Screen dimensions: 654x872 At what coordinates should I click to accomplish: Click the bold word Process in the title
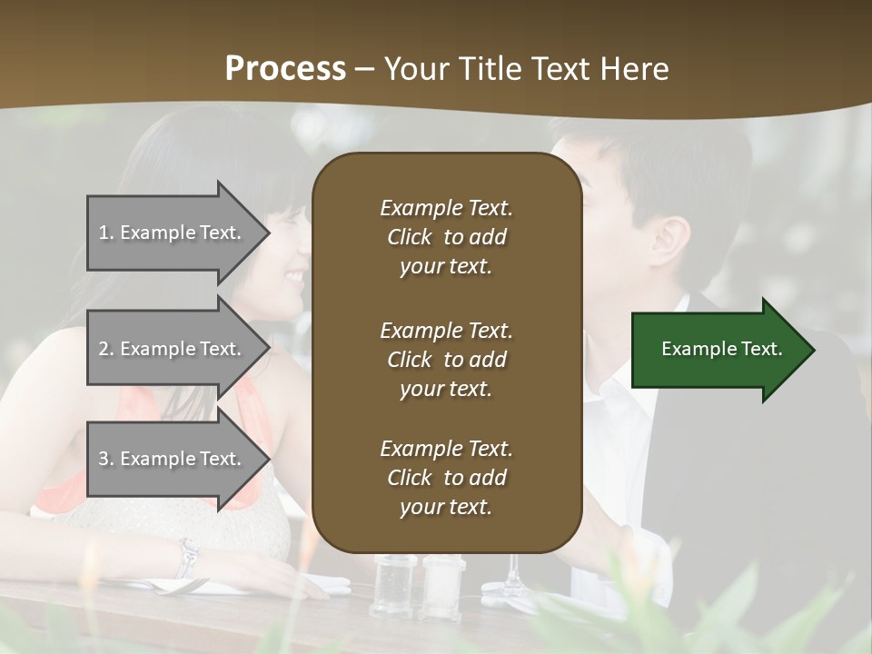point(285,69)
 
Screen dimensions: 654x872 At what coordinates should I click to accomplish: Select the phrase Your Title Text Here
point(527,69)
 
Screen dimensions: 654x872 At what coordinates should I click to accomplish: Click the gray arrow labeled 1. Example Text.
point(173,233)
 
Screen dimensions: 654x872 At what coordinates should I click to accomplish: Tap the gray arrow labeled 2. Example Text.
point(173,349)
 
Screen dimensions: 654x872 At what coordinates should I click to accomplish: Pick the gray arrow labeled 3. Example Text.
point(173,459)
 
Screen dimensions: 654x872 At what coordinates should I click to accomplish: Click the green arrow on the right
point(718,350)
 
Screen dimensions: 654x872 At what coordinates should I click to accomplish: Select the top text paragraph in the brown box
point(446,237)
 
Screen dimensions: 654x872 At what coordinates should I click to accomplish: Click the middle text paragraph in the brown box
point(446,360)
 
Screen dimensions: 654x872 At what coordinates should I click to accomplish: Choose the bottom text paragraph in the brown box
point(446,478)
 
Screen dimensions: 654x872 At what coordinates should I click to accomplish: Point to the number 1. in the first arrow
point(106,233)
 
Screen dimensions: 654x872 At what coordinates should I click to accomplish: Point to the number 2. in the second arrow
point(106,349)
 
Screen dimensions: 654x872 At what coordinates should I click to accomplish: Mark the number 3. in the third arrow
point(106,459)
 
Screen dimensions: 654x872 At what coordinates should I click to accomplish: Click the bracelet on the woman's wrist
point(188,556)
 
